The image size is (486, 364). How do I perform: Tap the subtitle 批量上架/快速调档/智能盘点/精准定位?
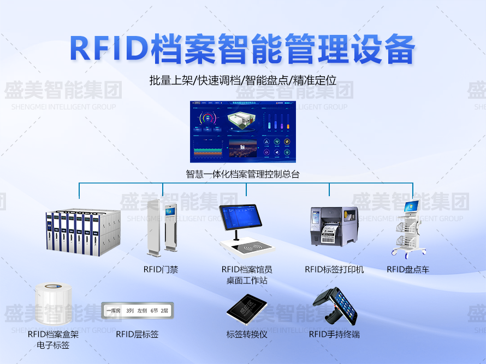coord(242,81)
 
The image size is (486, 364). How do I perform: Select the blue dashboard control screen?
coord(243,131)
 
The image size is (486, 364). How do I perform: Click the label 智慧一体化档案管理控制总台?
coord(242,174)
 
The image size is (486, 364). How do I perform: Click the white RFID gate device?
coord(162,228)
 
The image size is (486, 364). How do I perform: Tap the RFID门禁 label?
coord(161,269)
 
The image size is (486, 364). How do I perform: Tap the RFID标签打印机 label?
coord(334,269)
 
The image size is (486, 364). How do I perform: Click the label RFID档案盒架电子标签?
coord(53,339)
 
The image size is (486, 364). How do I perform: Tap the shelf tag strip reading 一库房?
coord(137,310)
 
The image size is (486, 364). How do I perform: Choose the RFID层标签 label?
coord(137,334)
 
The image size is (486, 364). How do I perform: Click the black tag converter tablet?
coord(246,311)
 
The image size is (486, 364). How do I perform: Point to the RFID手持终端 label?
coord(334,334)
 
